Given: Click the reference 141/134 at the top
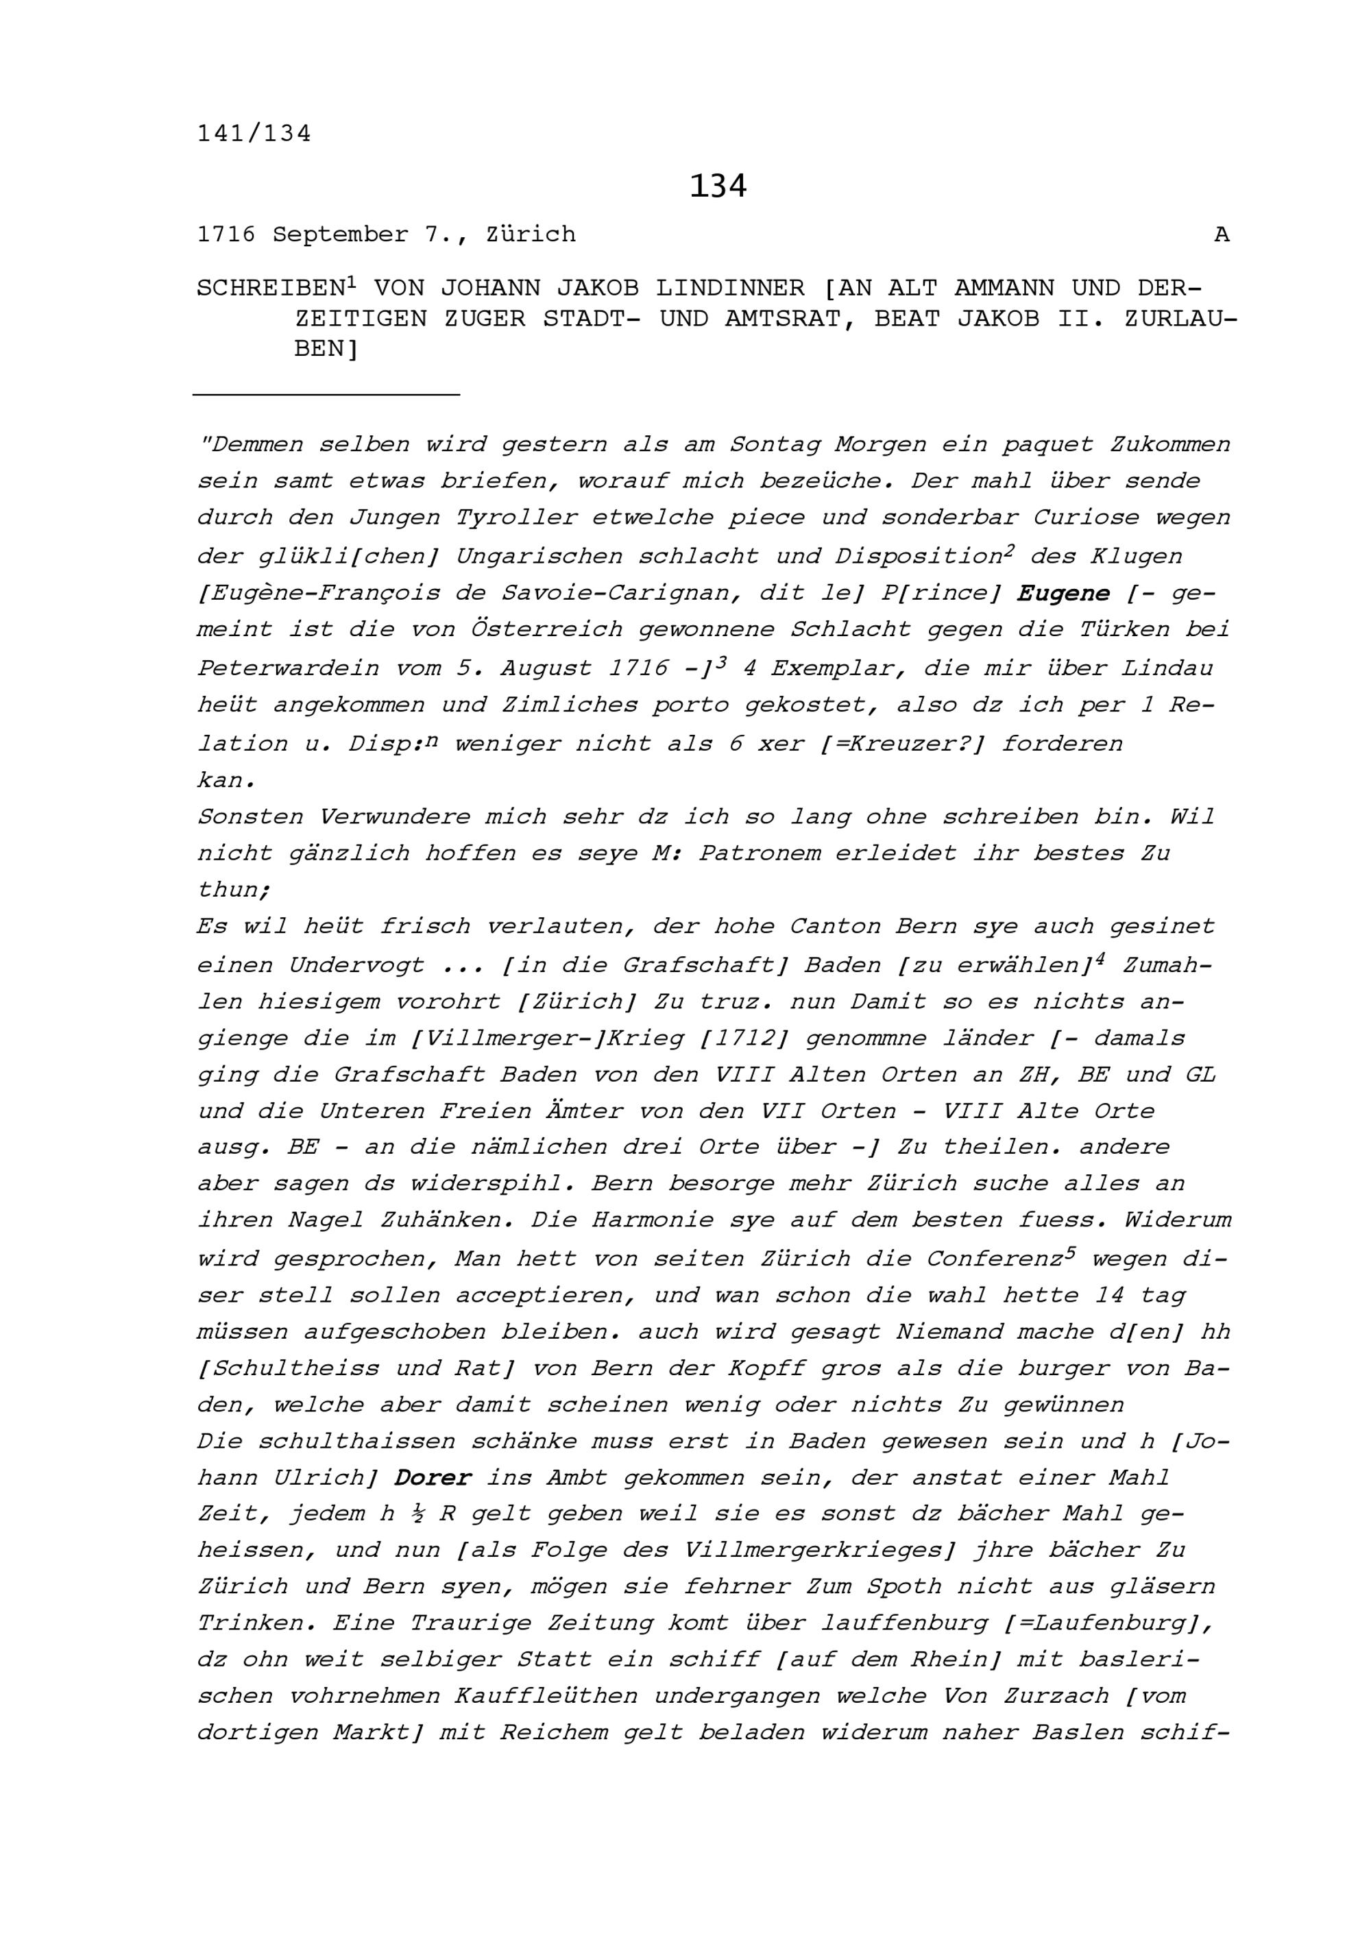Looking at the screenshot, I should tap(254, 134).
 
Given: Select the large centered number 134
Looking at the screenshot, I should tap(717, 186).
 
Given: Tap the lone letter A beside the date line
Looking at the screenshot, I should tap(1221, 235).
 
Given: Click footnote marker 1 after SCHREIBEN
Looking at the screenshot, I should tap(352, 282).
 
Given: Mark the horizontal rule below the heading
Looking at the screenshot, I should tap(326, 393).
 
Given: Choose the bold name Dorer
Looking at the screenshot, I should tap(433, 1478).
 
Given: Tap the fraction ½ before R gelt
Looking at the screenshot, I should tap(419, 1514).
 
